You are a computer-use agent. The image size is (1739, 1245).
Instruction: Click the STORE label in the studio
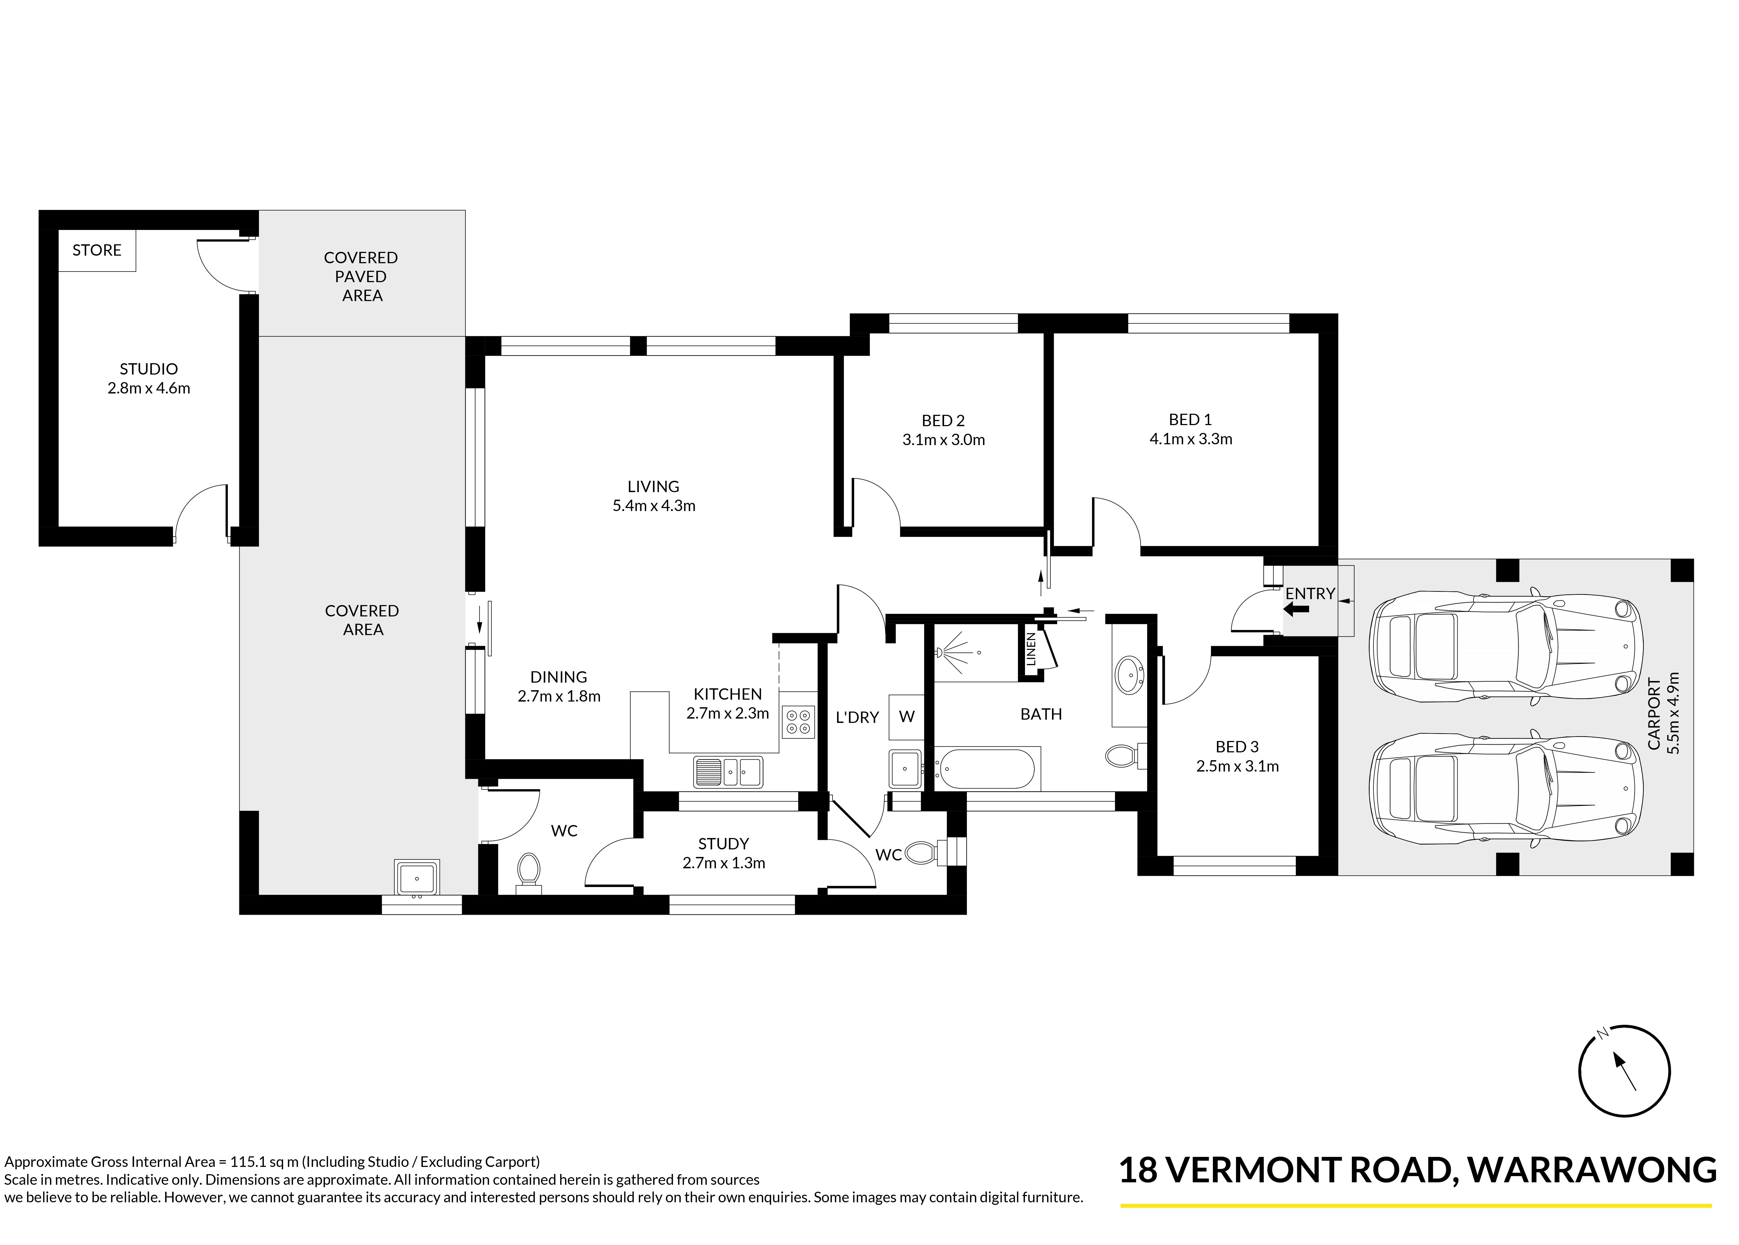coord(97,250)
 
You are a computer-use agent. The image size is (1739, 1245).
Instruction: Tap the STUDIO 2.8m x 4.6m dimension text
coord(149,388)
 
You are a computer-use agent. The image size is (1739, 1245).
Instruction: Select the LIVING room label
coord(653,486)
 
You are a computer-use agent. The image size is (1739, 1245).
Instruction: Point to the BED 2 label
coord(943,420)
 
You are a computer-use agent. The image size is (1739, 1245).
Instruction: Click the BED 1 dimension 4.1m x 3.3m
coord(1191,439)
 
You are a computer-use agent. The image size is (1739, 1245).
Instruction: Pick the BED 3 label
coord(1237,746)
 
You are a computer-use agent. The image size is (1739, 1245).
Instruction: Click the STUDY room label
coord(723,843)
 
